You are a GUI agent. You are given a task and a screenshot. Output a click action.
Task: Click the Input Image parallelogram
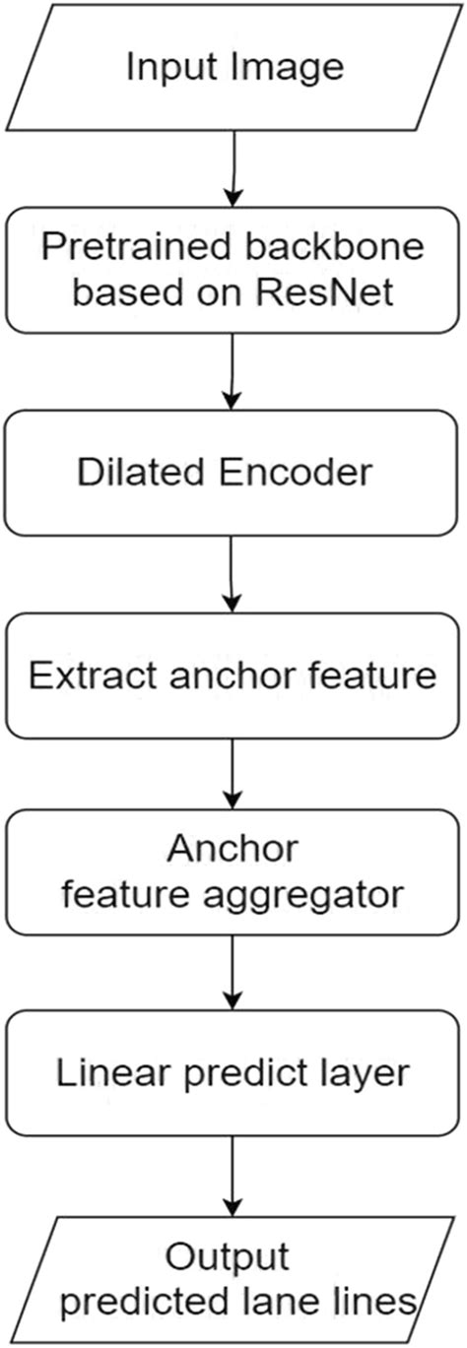[x=233, y=67]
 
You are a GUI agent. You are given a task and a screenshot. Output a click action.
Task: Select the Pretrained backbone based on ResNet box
[x=233, y=269]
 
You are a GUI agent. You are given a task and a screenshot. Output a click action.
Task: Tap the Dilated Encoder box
[x=233, y=472]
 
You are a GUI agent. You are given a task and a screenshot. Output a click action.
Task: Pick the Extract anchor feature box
[x=233, y=675]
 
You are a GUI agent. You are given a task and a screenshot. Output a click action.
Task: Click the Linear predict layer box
[x=233, y=1072]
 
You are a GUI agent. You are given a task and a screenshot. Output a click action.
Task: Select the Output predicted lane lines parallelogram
[x=233, y=1276]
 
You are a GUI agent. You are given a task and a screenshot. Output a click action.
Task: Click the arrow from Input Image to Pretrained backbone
[x=233, y=166]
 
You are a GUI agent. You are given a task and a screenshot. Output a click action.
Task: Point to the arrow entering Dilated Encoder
[x=233, y=369]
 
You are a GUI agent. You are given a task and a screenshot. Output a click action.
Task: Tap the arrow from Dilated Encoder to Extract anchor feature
[x=233, y=572]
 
